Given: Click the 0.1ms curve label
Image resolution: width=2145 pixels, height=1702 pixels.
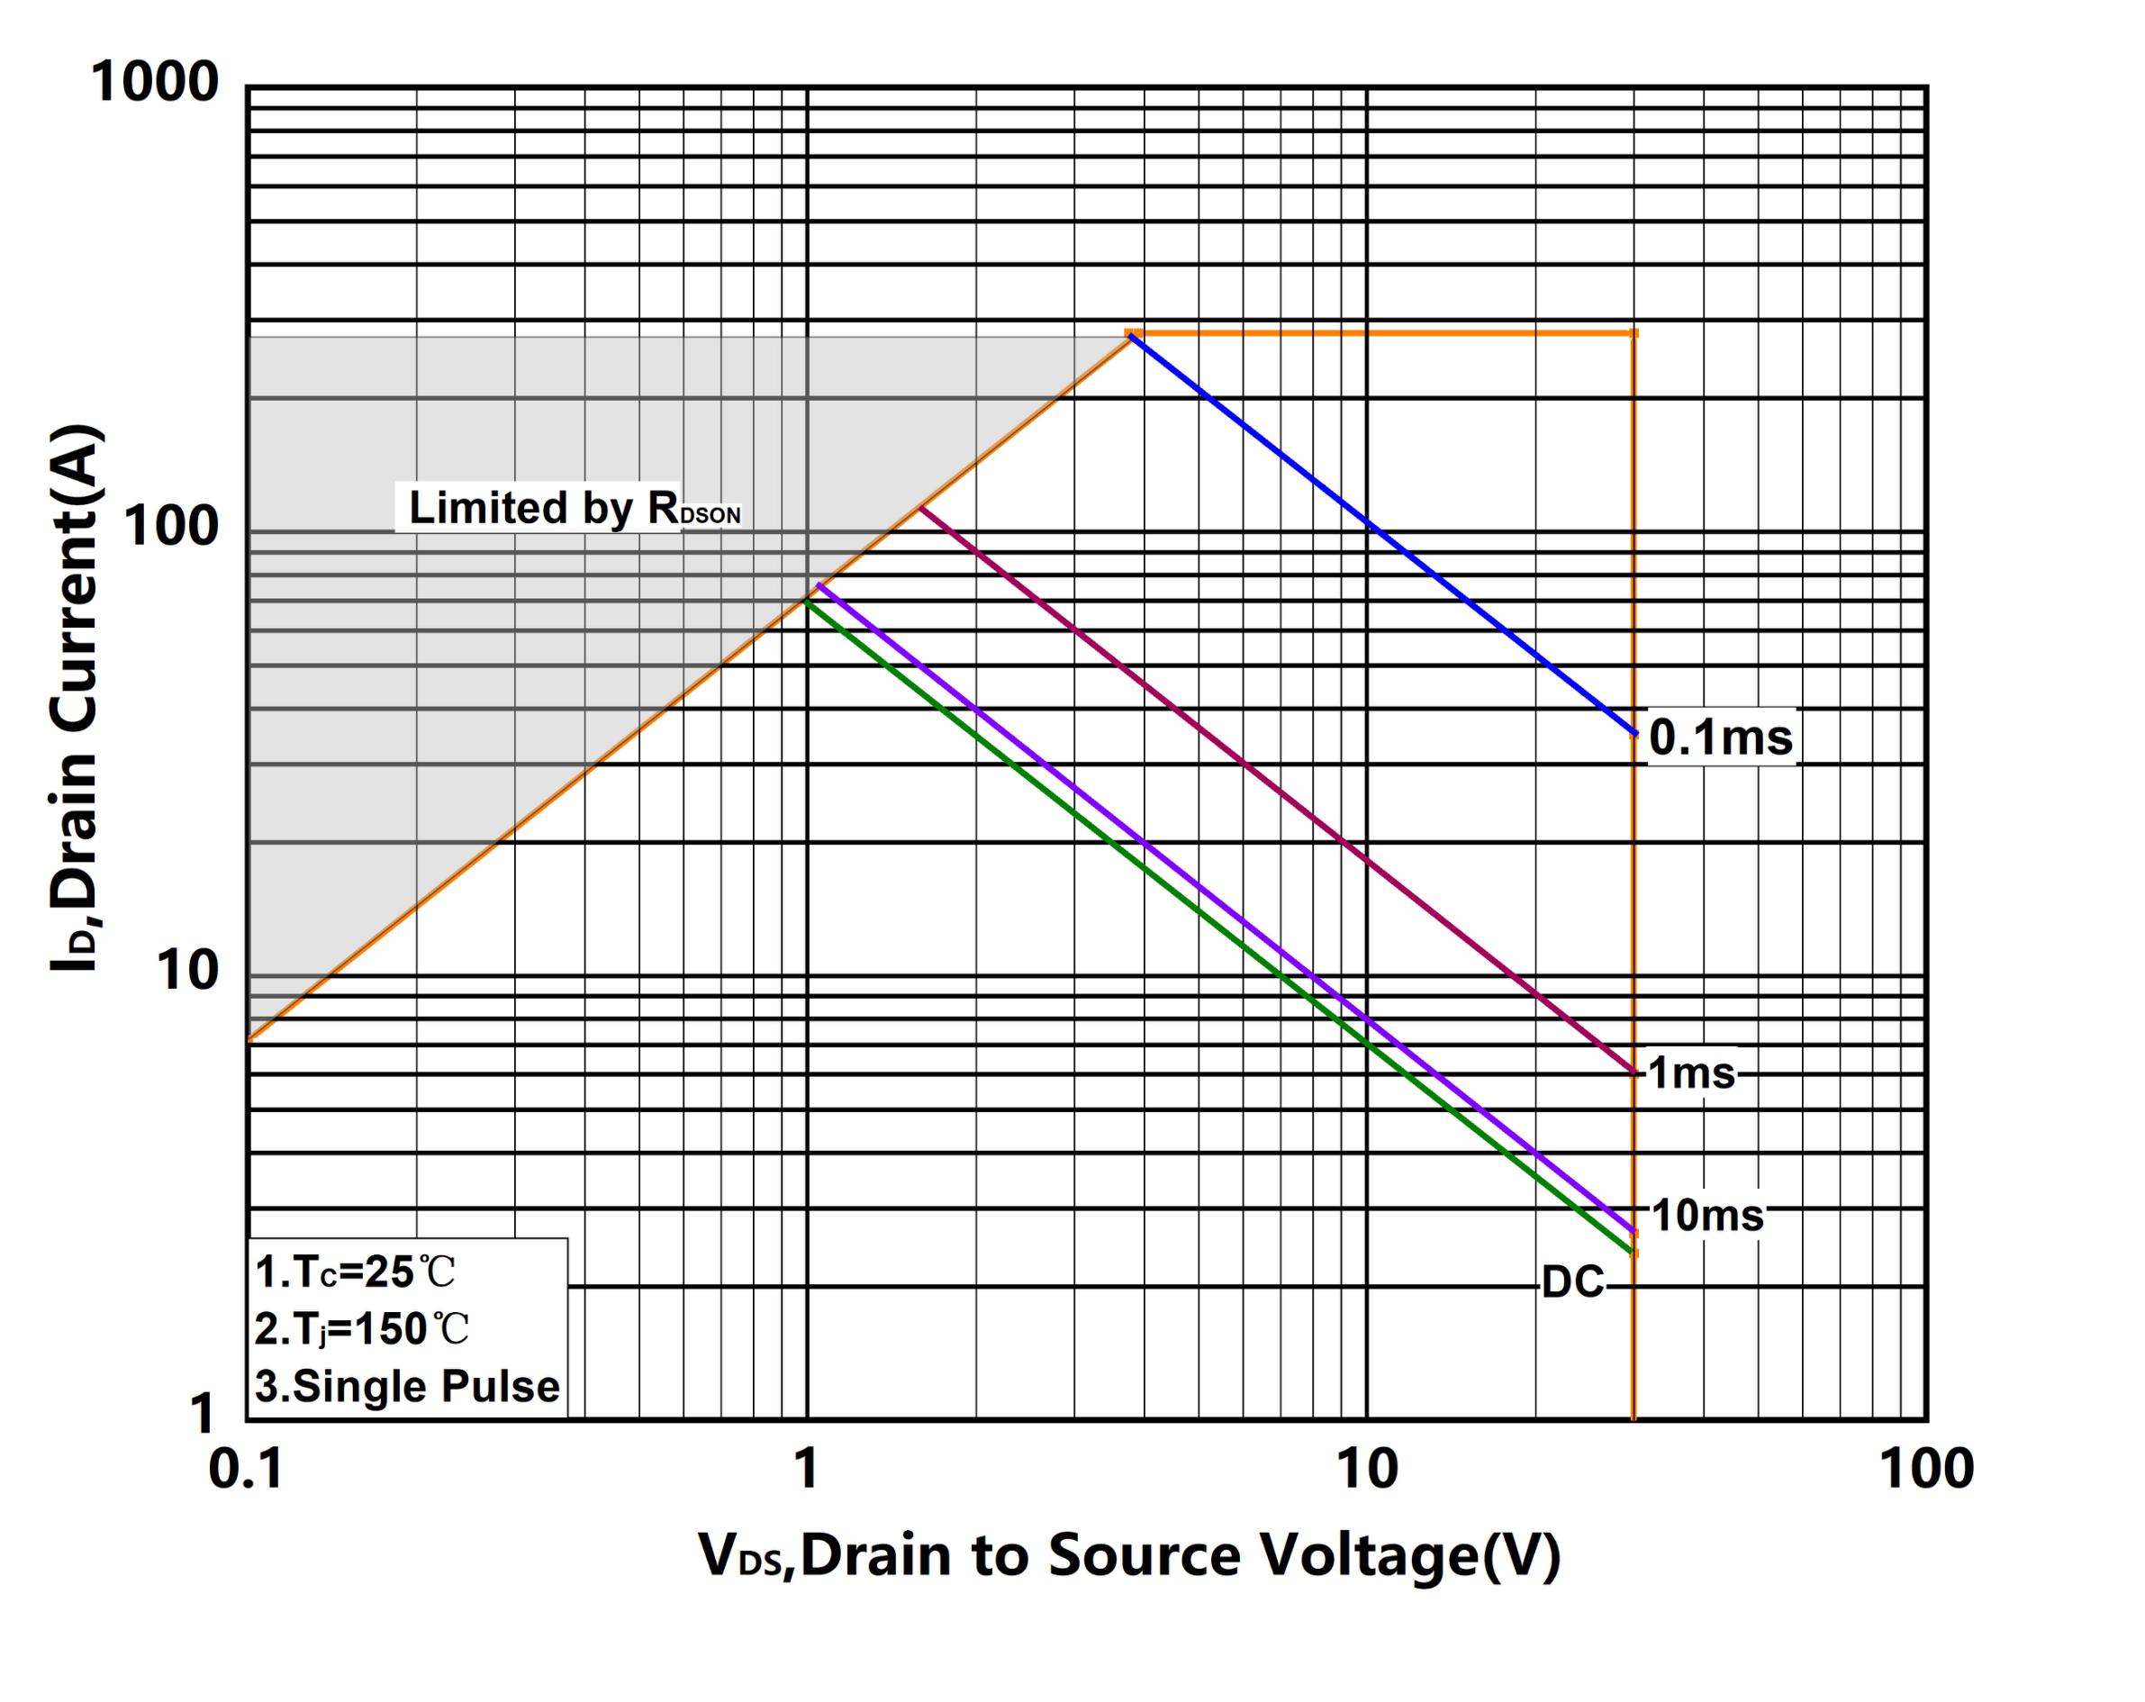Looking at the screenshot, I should click(1720, 738).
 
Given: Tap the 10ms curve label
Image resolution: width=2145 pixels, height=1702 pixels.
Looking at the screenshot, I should click(1707, 1215).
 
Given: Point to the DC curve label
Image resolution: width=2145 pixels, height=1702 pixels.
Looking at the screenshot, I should click(1573, 1283).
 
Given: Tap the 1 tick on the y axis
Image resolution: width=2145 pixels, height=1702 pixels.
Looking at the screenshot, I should click(202, 1413).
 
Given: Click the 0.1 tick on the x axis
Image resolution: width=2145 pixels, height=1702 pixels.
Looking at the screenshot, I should click(247, 1470).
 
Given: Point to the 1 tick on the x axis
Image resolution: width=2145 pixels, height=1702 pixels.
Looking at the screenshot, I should click(807, 1470).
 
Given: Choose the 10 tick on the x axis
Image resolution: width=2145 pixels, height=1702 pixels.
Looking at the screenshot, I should click(1367, 1470).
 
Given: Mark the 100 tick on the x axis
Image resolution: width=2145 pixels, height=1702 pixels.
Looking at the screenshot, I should click(1926, 1470).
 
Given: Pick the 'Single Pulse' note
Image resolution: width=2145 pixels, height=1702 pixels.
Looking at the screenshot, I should click(407, 1386).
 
